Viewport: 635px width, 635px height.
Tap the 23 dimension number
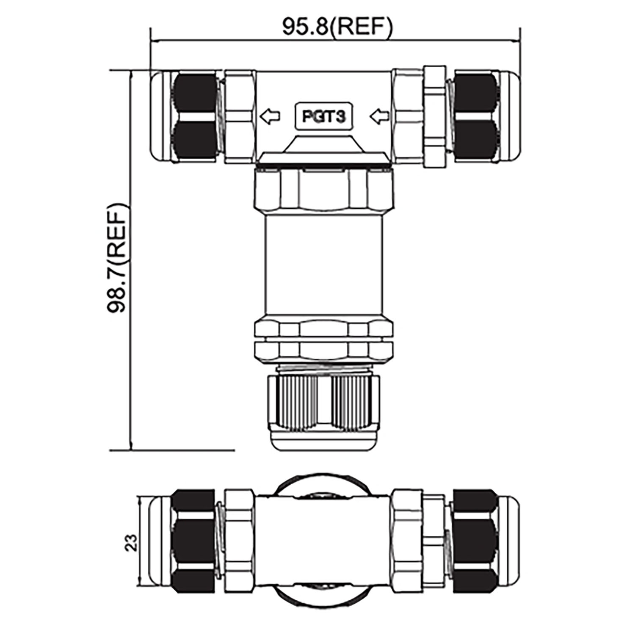tap(132, 542)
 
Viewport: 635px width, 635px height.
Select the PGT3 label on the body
tap(323, 116)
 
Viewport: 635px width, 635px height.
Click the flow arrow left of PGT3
tap(270, 116)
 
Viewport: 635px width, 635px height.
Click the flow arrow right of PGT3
tap(379, 116)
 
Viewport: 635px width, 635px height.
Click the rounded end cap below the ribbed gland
tap(324, 443)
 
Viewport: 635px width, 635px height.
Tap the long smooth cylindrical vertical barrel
tap(324, 265)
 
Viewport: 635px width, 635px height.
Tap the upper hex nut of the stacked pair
tap(324, 329)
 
